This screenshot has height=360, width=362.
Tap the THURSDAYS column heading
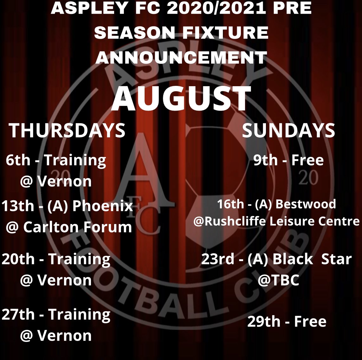(x=67, y=131)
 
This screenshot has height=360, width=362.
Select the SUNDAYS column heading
(x=288, y=131)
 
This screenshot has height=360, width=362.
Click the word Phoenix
(x=103, y=206)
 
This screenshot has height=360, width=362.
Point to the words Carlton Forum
(x=77, y=227)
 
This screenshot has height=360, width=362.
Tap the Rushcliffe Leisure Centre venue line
(x=276, y=221)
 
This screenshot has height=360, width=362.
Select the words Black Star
(x=312, y=259)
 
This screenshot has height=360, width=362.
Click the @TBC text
(x=278, y=280)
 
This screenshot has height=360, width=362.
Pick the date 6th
(x=18, y=160)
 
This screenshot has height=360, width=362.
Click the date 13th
(x=18, y=206)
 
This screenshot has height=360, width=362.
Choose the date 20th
(x=18, y=259)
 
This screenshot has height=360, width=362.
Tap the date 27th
(x=18, y=314)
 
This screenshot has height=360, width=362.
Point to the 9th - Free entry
(x=288, y=160)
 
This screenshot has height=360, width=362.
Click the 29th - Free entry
(x=287, y=322)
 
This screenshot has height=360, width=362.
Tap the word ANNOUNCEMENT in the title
(x=181, y=58)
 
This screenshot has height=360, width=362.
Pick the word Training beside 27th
(x=79, y=314)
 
